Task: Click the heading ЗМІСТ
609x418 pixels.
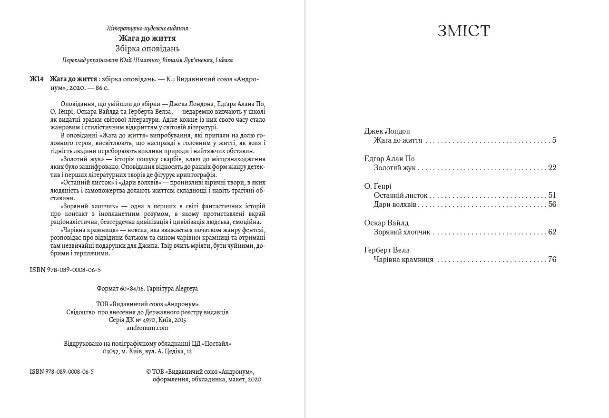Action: point(463,31)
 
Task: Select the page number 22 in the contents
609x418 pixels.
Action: point(552,168)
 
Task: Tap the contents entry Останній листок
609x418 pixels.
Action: point(401,195)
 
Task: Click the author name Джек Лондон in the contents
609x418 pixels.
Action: point(387,131)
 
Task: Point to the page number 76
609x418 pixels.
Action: point(552,260)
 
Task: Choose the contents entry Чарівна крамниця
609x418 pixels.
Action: point(403,260)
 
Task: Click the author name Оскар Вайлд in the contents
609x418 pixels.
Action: point(386,223)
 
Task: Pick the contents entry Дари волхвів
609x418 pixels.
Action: point(395,204)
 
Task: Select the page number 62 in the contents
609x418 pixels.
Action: point(552,232)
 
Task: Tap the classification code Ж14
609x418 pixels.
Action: point(37,79)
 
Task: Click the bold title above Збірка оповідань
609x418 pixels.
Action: point(147,38)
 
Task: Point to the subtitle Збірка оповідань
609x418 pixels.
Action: point(147,49)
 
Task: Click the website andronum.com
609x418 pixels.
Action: point(147,328)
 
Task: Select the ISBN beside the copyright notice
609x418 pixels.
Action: point(62,371)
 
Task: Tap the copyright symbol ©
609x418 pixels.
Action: point(149,371)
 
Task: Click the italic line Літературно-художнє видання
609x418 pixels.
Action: point(147,29)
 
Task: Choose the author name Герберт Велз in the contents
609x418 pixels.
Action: point(387,250)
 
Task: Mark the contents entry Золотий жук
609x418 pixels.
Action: point(395,168)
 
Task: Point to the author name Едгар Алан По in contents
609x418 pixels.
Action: point(389,159)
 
